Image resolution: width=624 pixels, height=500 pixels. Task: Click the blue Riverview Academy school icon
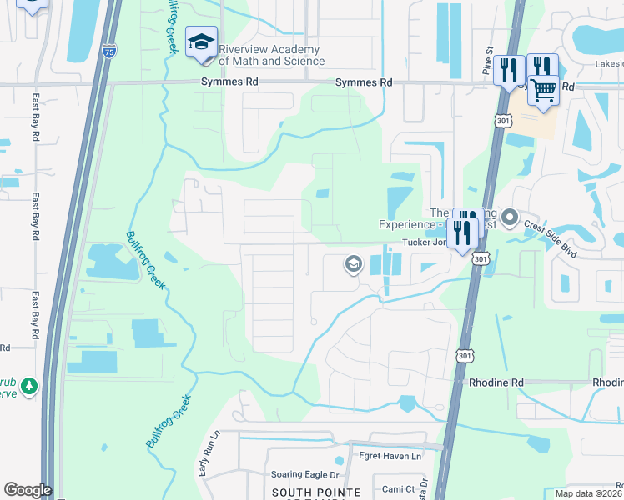point(201,45)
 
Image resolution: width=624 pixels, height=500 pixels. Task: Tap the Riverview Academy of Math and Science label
point(271,55)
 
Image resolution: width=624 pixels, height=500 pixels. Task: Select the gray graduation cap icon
point(353,265)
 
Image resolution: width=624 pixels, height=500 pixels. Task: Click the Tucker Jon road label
point(424,242)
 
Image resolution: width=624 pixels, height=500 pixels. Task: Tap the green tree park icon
point(29,387)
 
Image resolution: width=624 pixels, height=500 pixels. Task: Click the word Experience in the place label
point(406,225)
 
